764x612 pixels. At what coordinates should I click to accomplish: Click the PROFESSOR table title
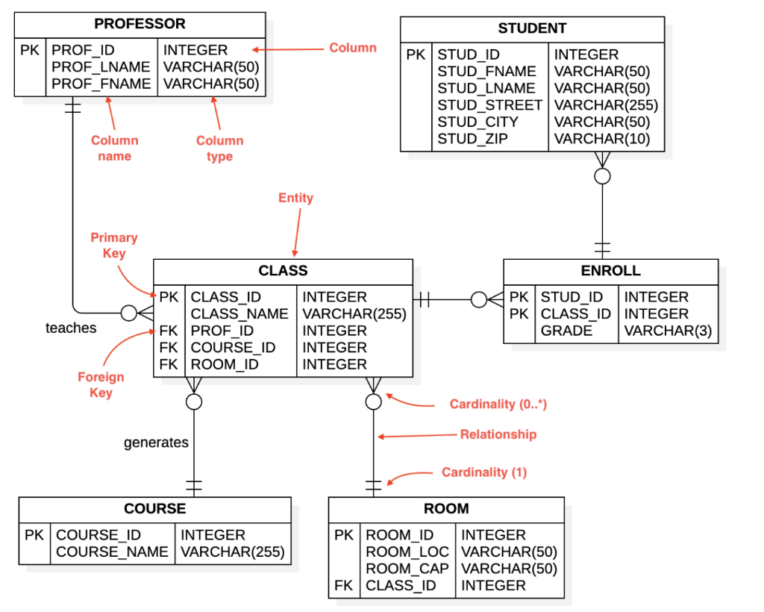[x=140, y=25]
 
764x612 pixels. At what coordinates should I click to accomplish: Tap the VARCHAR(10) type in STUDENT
[x=601, y=139]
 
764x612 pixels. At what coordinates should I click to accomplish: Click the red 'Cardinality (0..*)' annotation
[x=498, y=405]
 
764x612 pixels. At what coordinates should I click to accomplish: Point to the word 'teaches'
[x=71, y=328]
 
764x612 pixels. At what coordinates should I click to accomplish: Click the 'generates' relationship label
[x=156, y=443]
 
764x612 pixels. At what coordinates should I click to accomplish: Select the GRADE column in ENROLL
[x=566, y=331]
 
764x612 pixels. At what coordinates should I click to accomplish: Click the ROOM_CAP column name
[x=407, y=569]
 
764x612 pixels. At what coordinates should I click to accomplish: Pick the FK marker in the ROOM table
[x=343, y=586]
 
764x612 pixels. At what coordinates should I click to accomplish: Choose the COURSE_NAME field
[x=112, y=552]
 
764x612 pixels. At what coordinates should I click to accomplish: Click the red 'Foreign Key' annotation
[x=101, y=385]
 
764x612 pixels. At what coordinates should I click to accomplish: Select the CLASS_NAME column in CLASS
[x=239, y=314]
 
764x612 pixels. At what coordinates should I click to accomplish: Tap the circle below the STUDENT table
[x=602, y=176]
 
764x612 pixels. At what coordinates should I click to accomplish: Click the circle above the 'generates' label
[x=194, y=402]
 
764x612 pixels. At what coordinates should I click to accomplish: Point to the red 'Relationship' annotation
[x=498, y=434]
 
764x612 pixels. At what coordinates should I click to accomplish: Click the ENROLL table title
[x=610, y=271]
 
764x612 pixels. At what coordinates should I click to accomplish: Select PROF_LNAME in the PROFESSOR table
[x=101, y=67]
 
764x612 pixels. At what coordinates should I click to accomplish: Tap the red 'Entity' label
[x=295, y=198]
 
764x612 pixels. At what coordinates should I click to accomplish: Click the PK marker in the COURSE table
[x=34, y=535]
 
